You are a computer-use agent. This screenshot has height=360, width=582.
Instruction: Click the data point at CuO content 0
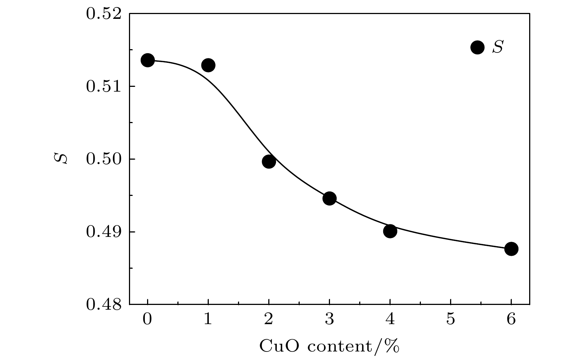(147, 60)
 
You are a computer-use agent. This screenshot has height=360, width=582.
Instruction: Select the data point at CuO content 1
(208, 65)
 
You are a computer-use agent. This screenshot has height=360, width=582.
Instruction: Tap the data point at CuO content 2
(269, 162)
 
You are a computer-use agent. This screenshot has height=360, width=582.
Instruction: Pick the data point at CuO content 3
(329, 198)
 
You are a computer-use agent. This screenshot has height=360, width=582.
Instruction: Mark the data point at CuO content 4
(390, 231)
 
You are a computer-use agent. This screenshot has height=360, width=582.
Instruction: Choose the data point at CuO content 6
(511, 249)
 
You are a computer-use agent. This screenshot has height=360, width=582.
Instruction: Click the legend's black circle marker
(477, 47)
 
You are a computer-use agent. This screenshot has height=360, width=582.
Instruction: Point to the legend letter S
(497, 47)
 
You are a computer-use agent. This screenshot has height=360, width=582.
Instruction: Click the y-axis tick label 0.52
(104, 14)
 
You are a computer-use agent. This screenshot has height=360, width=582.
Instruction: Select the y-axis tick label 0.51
(104, 87)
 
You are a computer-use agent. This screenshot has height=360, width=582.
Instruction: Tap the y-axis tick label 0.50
(104, 160)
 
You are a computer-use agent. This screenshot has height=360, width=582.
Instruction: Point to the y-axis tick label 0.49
(104, 232)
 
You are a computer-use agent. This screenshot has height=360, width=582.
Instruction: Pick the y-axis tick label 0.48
(104, 305)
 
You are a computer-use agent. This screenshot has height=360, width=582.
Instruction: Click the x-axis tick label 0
(147, 319)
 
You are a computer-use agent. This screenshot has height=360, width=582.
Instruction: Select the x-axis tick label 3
(329, 319)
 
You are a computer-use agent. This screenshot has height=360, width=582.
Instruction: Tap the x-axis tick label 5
(450, 319)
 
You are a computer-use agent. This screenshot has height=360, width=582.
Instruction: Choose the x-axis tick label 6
(511, 319)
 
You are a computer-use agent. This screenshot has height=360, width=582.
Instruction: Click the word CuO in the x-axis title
(276, 346)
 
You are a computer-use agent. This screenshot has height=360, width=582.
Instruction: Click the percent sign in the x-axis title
(393, 347)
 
